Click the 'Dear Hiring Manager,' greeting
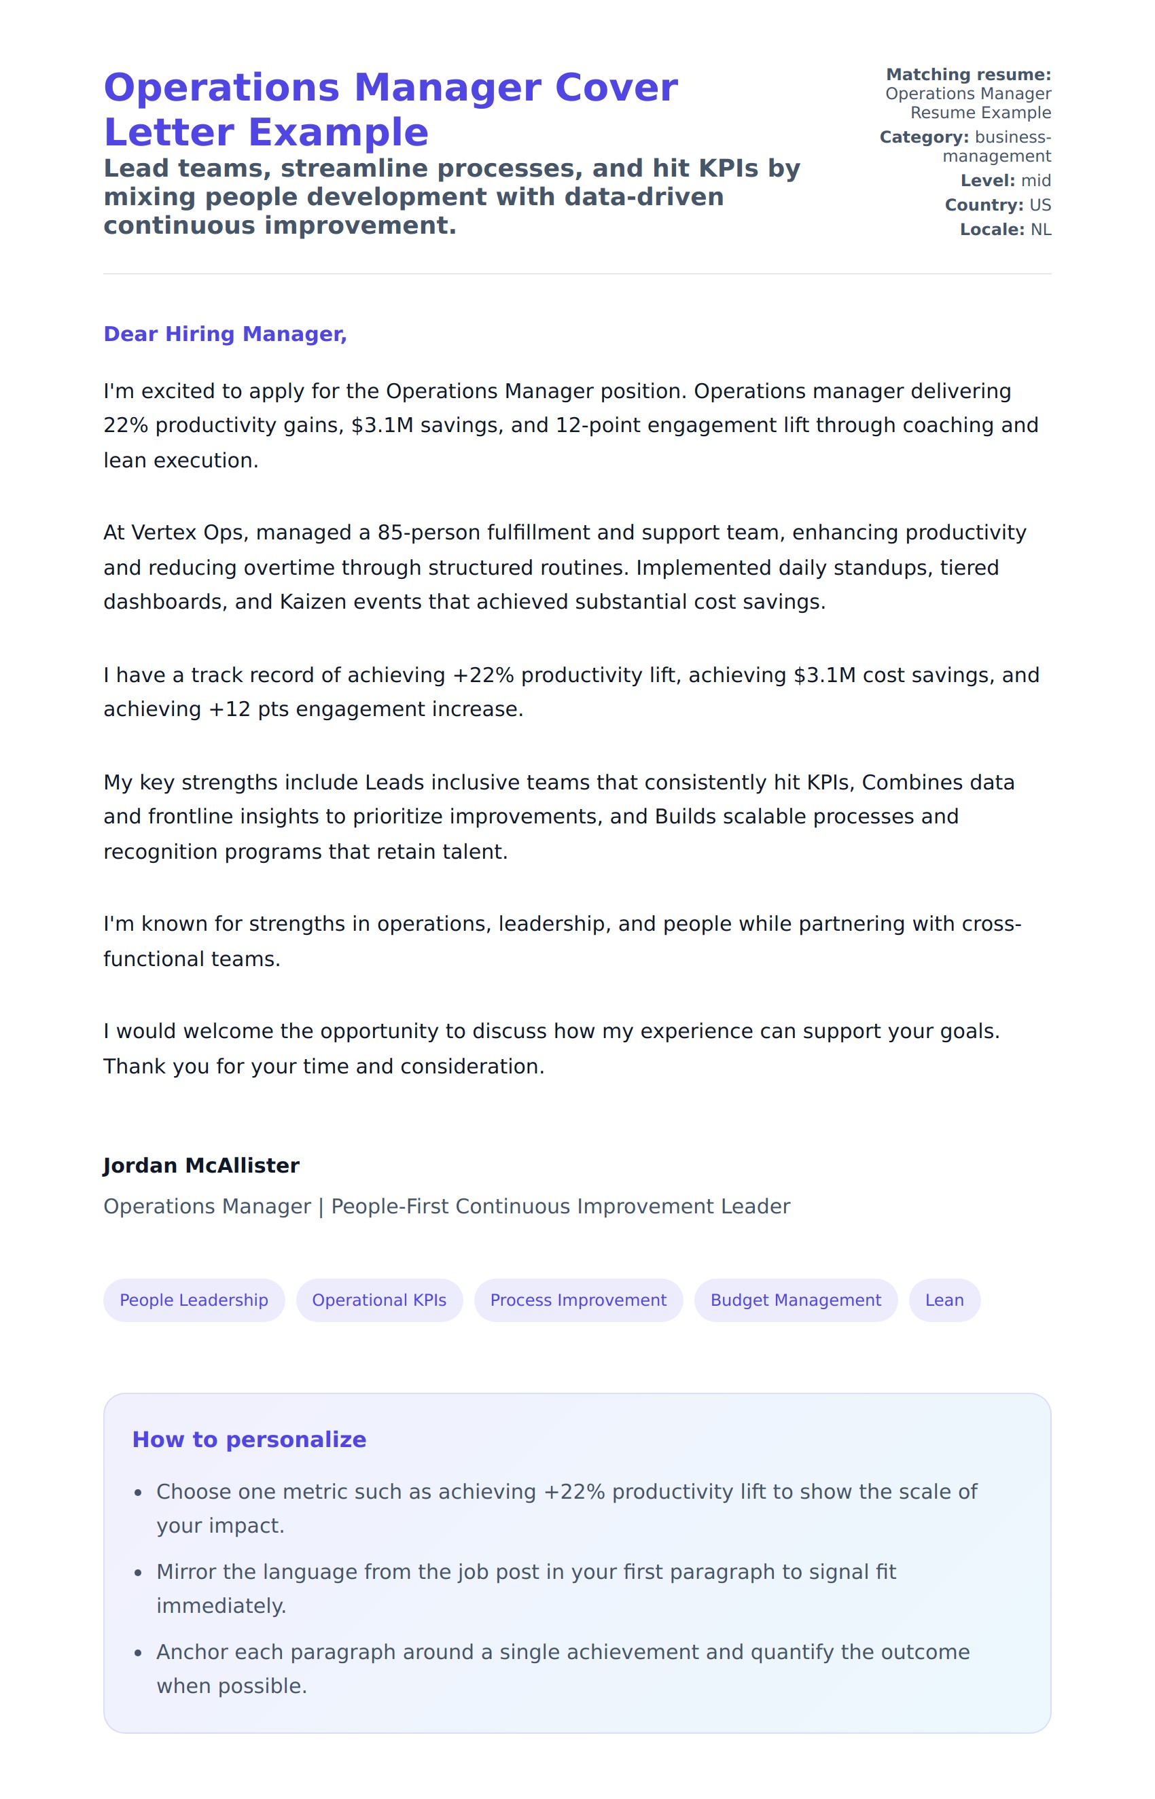225,334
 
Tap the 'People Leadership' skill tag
194,1300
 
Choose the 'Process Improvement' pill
578,1300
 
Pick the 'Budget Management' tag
796,1300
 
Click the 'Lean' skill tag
944,1300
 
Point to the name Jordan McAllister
201,1165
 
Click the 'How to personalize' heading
249,1440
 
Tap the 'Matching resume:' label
968,75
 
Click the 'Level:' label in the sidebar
988,181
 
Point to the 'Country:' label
984,205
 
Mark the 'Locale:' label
991,230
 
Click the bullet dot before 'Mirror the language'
138,1573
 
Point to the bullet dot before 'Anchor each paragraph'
138,1653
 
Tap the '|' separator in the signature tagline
321,1207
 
